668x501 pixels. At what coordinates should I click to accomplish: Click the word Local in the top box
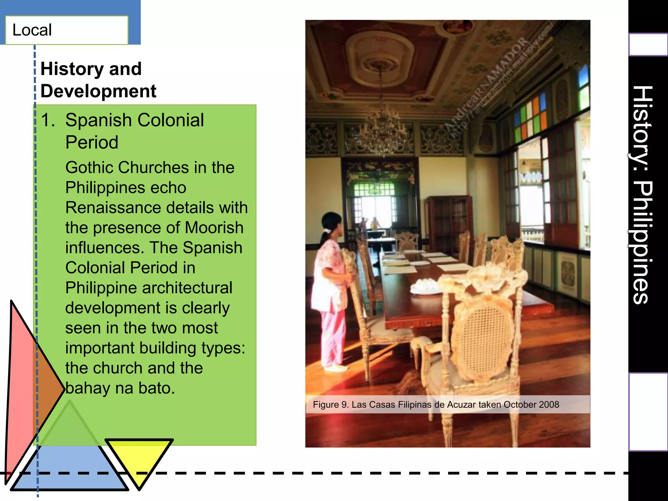[32, 30]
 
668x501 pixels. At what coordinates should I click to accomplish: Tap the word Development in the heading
[98, 91]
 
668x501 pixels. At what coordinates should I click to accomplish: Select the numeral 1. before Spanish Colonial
[48, 120]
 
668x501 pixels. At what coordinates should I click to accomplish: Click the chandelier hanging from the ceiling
[382, 130]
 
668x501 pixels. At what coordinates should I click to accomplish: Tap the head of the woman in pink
[332, 223]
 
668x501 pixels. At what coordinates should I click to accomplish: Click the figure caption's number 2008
[549, 405]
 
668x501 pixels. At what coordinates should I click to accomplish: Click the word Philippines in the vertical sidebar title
[642, 243]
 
